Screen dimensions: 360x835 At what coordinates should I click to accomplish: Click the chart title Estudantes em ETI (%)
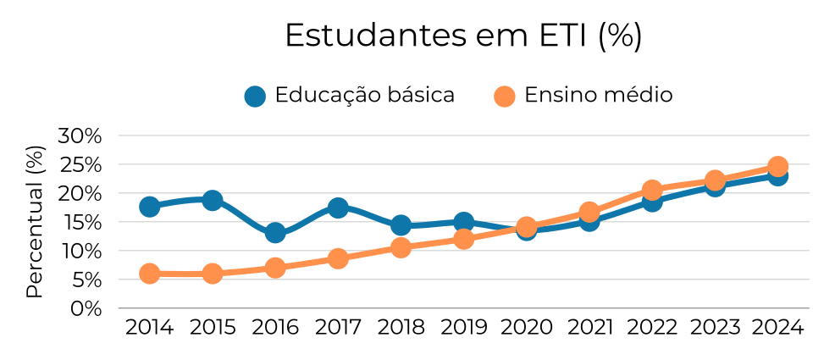coord(463,36)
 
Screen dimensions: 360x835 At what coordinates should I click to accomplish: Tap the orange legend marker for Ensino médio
coord(504,96)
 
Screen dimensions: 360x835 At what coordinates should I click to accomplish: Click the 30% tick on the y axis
coord(80,136)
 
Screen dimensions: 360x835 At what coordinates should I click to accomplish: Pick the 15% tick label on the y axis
coord(80,222)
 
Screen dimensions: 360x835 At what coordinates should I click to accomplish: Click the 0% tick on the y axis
coord(85,308)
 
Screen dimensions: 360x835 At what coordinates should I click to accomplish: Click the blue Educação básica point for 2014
coord(150,207)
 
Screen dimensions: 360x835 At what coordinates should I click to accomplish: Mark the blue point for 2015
coord(213,200)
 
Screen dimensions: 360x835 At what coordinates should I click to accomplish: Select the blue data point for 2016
coord(275,233)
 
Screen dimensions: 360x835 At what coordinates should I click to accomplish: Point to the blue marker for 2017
coord(338,208)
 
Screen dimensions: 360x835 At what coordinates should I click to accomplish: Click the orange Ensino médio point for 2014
coord(150,274)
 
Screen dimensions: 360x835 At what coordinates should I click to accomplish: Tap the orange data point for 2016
coord(275,268)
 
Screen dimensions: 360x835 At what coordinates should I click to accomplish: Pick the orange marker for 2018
coord(401,247)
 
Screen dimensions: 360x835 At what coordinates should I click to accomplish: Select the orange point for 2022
coord(652,190)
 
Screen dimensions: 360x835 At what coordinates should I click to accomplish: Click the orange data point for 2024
coord(777,166)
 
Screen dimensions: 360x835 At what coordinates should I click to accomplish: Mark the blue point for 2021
coord(589,221)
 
